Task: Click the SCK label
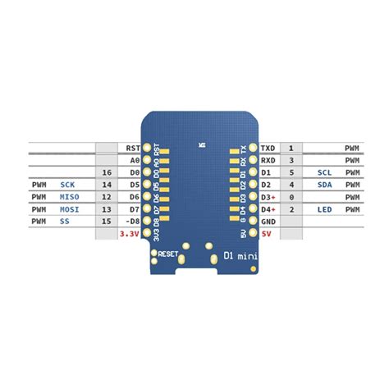pos(67,185)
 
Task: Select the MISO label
pos(69,198)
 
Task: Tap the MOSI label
pos(69,210)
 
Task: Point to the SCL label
pos(324,173)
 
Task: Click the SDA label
pos(324,185)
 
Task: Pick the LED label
pos(324,210)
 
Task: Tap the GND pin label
pos(268,222)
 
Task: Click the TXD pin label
pos(268,149)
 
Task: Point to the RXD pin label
pos(268,161)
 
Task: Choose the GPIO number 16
pos(106,173)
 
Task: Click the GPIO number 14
pos(106,185)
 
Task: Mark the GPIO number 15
pos(106,222)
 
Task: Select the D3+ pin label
pos(268,198)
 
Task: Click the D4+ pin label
pos(268,210)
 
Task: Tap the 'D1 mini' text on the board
pos(240,256)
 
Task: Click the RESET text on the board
pos(168,254)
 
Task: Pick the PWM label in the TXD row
pos(352,149)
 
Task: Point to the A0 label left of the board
pos(135,161)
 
